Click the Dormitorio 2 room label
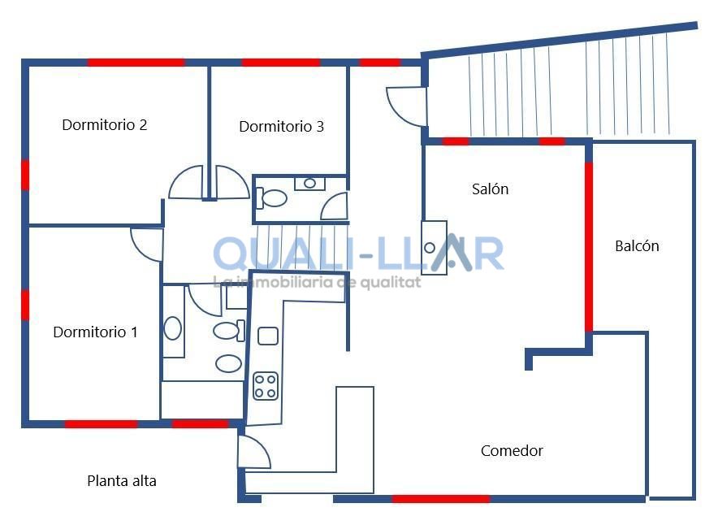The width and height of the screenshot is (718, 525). point(105,124)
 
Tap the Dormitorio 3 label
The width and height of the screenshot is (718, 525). point(281,127)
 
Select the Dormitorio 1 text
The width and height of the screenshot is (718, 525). point(95,332)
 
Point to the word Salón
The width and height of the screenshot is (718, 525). point(490,189)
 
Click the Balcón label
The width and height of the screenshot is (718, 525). point(637,246)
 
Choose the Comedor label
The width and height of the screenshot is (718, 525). point(512,451)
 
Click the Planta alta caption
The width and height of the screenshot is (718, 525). point(122,481)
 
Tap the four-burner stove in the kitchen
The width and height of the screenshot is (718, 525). point(266,386)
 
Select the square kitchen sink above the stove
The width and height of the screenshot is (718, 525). point(268,336)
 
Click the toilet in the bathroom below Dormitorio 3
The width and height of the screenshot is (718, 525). point(271,198)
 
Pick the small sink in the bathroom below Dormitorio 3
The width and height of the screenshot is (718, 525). point(309,183)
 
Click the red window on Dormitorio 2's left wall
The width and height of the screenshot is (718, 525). point(25,175)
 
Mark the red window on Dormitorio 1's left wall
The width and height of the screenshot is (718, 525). point(25,305)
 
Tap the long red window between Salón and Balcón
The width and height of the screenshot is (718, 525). point(589,246)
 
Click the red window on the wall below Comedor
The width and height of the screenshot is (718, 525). point(440,499)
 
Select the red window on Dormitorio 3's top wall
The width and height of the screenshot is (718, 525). point(281,63)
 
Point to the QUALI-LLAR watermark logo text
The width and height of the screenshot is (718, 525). point(358,254)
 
